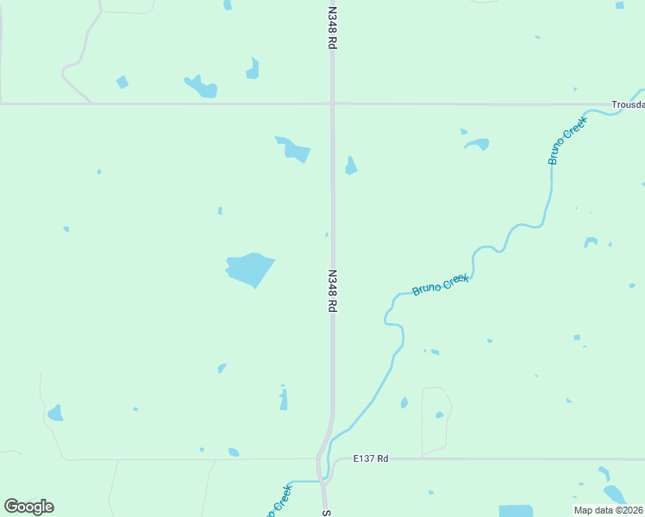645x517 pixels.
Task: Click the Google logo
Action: pyautogui.click(x=28, y=507)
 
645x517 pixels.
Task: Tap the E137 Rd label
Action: pyautogui.click(x=371, y=458)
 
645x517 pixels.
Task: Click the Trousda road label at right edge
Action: pyautogui.click(x=628, y=104)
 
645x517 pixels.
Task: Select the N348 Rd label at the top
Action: pyautogui.click(x=332, y=28)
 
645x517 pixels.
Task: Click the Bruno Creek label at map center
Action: pyautogui.click(x=440, y=284)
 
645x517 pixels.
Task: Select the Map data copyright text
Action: pyautogui.click(x=608, y=510)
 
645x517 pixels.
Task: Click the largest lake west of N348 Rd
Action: pyautogui.click(x=249, y=270)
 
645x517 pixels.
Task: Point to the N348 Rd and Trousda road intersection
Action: pyautogui.click(x=332, y=104)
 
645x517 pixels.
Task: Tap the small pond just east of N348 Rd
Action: pyautogui.click(x=351, y=165)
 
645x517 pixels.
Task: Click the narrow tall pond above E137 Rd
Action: pyautogui.click(x=283, y=398)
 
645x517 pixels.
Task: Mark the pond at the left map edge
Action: pyautogui.click(x=55, y=414)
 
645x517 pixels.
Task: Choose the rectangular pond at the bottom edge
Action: pyautogui.click(x=516, y=510)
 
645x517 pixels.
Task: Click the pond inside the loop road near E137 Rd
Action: pyautogui.click(x=439, y=415)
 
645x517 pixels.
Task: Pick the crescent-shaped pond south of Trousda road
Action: pyautogui.click(x=477, y=143)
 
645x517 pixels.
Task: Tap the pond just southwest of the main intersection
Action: pyautogui.click(x=295, y=150)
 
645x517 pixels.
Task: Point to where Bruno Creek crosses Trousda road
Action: pyautogui.click(x=592, y=108)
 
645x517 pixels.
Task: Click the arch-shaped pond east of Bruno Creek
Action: pyautogui.click(x=591, y=241)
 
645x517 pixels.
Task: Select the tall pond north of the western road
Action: pyautogui.click(x=252, y=69)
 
